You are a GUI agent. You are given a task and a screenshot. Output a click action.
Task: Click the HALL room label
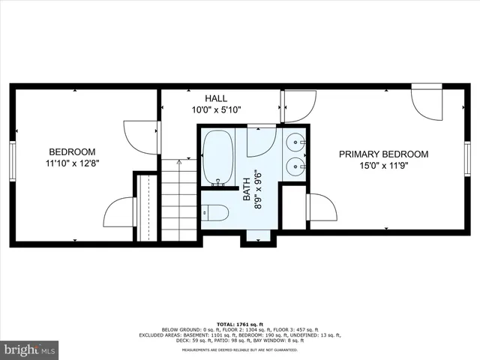coord(216,98)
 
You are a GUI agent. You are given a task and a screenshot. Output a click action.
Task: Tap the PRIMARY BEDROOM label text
coord(383,154)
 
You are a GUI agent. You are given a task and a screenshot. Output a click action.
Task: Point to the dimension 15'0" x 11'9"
coord(383,167)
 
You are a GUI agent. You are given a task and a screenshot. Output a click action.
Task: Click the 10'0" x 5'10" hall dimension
coord(216,110)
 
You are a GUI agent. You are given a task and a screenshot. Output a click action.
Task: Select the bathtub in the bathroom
coord(218,157)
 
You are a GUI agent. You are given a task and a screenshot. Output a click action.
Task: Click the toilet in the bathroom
coord(215,213)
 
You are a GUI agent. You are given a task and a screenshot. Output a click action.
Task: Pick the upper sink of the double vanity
coord(295,142)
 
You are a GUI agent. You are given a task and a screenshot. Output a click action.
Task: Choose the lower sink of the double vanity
coord(295,166)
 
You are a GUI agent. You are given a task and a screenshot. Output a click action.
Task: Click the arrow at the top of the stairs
coord(178,161)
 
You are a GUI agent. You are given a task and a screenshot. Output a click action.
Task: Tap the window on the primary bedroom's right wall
coord(467,160)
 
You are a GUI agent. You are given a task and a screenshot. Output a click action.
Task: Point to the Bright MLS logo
coord(30,349)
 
